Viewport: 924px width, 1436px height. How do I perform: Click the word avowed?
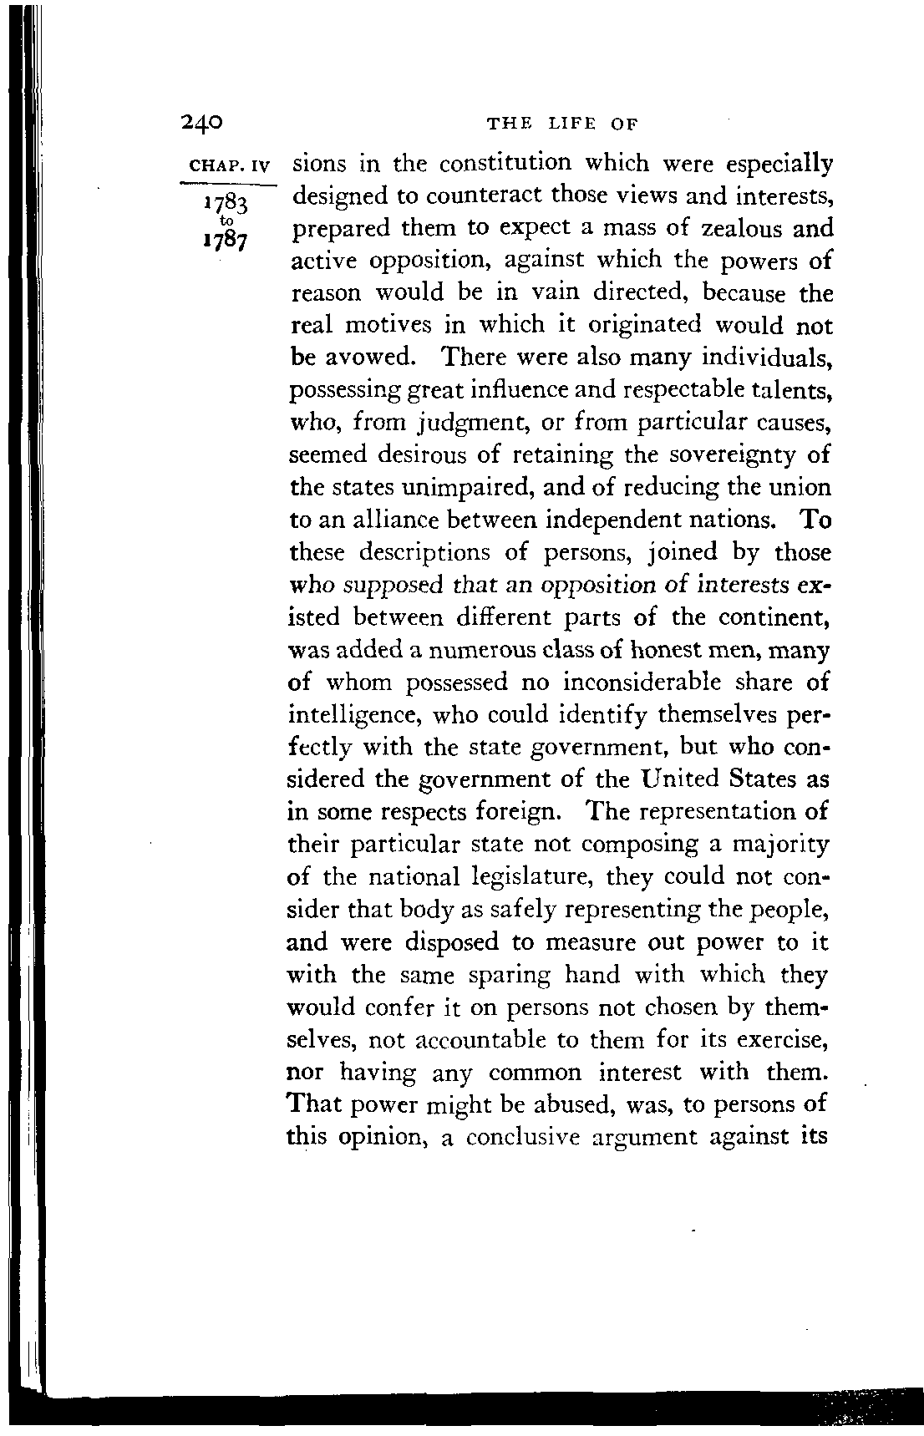click(363, 358)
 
